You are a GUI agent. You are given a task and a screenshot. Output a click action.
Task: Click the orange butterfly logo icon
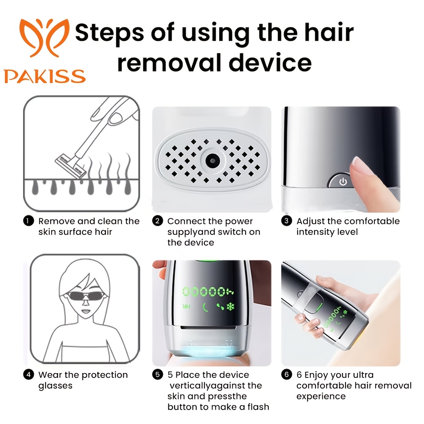pos(45,37)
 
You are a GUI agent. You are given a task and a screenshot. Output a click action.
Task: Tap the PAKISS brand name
pos(45,76)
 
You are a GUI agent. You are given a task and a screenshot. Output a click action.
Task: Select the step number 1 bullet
pos(28,221)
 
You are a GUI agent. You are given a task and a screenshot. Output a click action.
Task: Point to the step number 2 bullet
pos(157,221)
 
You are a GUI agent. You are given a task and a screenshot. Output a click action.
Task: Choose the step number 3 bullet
pos(286,221)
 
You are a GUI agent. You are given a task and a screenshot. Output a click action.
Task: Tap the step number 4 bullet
pos(28,375)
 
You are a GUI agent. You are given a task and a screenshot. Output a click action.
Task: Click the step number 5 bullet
pos(157,375)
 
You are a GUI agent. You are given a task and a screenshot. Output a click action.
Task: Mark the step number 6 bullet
pos(286,375)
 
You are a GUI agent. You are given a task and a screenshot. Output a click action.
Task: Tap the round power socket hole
pos(212,161)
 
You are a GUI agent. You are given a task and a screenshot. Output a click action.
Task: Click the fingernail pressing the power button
pos(359,166)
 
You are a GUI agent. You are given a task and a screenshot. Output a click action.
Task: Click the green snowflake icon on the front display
pos(230,307)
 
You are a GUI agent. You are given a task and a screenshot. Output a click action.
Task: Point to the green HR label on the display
pos(186,307)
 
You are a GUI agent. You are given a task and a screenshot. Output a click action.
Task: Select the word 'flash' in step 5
pos(257,407)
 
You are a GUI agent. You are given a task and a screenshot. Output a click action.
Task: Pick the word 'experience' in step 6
pos(321,397)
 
